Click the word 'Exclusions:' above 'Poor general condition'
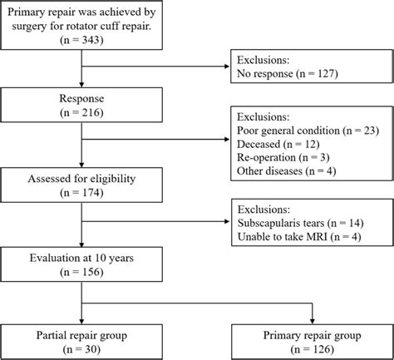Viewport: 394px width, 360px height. tap(265, 117)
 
